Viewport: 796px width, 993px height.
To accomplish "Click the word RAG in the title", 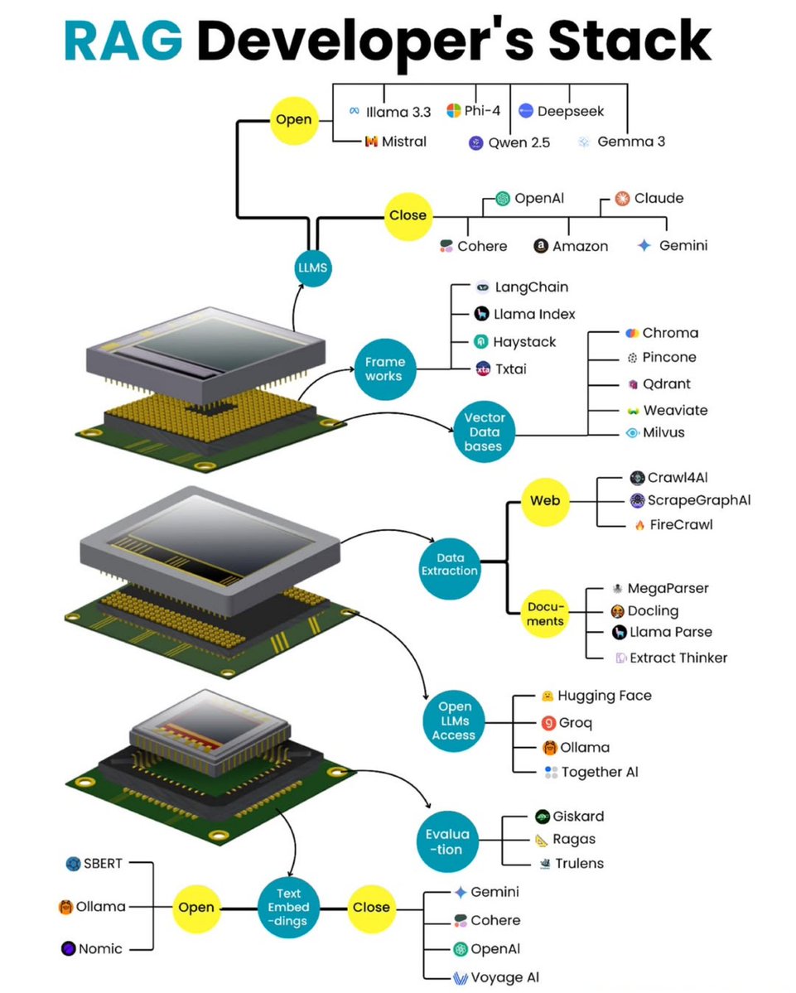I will pos(124,41).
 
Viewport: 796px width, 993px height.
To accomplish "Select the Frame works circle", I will pos(384,369).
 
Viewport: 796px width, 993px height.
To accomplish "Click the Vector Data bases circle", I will pos(485,431).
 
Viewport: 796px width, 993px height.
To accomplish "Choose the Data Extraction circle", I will pos(451,563).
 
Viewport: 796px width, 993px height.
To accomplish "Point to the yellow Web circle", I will pos(545,500).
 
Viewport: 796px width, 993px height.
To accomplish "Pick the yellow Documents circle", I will pos(545,614).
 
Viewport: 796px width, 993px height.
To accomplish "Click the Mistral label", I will pos(403,142).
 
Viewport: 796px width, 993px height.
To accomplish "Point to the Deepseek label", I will pos(571,111).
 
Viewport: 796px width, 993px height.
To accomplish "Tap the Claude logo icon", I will pos(623,198).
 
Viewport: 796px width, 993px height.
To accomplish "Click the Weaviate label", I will pos(663,410).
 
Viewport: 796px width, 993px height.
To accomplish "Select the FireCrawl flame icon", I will pos(639,525).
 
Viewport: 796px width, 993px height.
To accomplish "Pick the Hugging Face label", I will pos(604,696).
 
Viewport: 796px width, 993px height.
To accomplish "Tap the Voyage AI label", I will pos(505,977).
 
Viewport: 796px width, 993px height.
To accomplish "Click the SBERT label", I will pos(103,864).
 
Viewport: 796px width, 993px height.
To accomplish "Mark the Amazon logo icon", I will pos(541,246).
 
